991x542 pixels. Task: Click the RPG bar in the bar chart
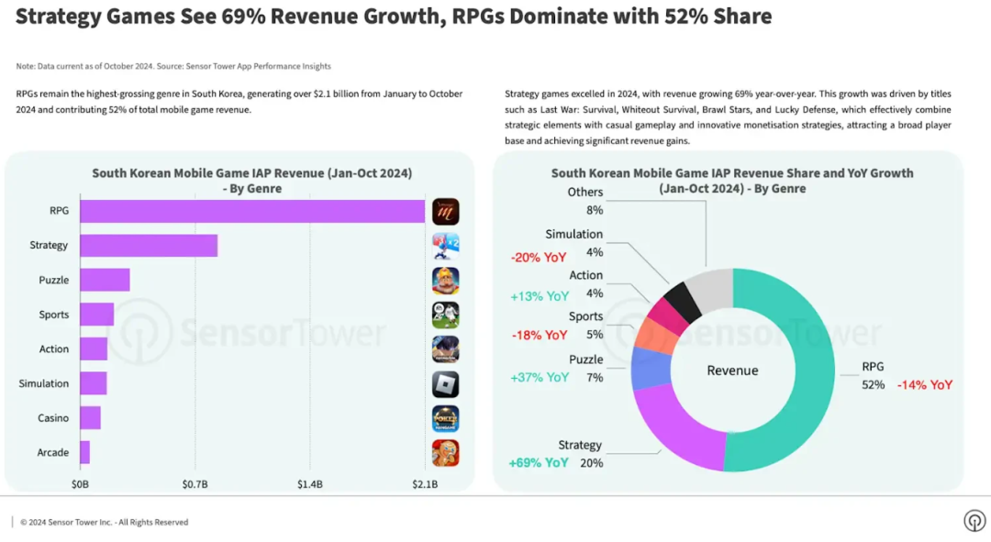252,211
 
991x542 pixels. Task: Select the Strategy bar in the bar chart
149,245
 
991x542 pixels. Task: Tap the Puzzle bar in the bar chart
105,280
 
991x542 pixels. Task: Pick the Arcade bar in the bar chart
84,452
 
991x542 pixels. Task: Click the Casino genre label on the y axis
53,418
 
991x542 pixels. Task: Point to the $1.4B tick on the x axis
309,483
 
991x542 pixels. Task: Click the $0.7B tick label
195,483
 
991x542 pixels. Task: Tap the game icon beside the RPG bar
445,211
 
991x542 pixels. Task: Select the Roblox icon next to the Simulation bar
445,383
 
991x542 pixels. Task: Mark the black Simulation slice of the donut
683,299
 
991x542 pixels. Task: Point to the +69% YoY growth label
539,463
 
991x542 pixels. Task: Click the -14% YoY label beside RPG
925,385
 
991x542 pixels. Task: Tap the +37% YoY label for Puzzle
540,377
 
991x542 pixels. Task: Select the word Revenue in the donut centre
732,371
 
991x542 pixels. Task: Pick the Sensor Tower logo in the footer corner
974,521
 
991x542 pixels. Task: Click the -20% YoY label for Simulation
539,258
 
